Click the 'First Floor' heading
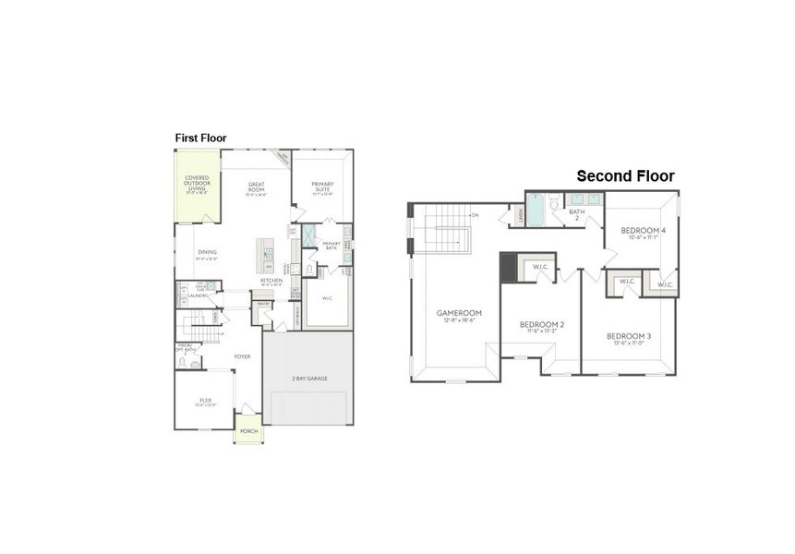click(200, 138)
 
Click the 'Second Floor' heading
click(625, 175)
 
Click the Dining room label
click(207, 253)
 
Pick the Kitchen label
click(271, 281)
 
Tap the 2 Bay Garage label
click(308, 378)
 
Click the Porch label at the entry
click(248, 431)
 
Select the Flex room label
click(205, 402)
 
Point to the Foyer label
click(243, 355)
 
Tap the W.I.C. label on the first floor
click(328, 297)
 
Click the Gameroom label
click(455, 314)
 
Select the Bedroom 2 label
click(541, 326)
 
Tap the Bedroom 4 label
click(642, 231)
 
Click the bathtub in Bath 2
click(536, 211)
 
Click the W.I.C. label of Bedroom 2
click(540, 267)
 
